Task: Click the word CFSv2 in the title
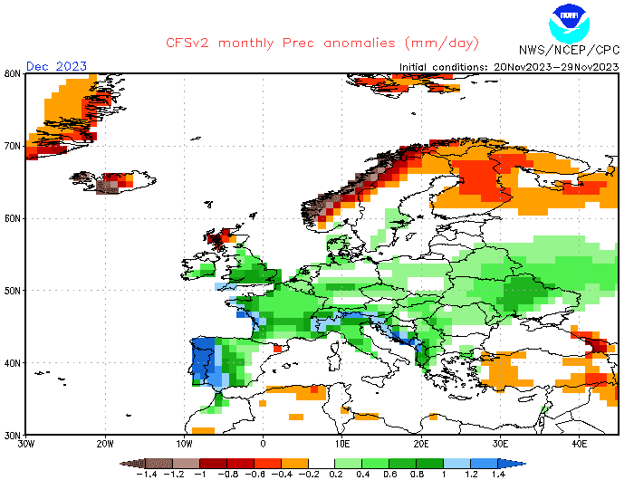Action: pyautogui.click(x=190, y=43)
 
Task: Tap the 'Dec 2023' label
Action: pyautogui.click(x=56, y=66)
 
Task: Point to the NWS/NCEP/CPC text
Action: pyautogui.click(x=567, y=49)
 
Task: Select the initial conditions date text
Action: pyautogui.click(x=510, y=66)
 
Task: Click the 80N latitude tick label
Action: pyautogui.click(x=13, y=73)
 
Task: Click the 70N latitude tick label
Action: pyautogui.click(x=13, y=146)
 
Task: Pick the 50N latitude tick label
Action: pyautogui.click(x=13, y=291)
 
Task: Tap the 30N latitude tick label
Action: pyautogui.click(x=13, y=435)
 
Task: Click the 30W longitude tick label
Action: pyautogui.click(x=26, y=444)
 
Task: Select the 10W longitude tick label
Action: pyautogui.click(x=184, y=444)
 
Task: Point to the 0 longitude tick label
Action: pyautogui.click(x=264, y=444)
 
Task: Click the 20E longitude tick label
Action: pyautogui.click(x=421, y=444)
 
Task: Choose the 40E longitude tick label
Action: pyautogui.click(x=580, y=444)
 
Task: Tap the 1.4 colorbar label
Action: pyautogui.click(x=499, y=473)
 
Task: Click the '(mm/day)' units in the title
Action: pyautogui.click(x=442, y=43)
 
